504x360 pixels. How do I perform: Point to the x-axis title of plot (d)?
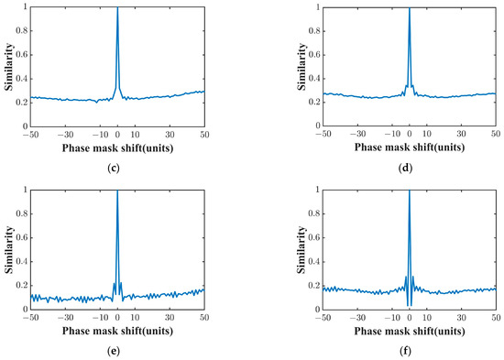(x=409, y=146)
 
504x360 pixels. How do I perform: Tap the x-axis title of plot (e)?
(x=117, y=328)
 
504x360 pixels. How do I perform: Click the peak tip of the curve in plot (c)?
(x=117, y=8)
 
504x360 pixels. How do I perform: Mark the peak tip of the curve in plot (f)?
(x=409, y=191)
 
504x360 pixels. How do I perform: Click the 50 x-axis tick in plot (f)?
(x=495, y=316)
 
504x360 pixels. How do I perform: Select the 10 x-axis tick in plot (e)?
(x=135, y=316)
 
